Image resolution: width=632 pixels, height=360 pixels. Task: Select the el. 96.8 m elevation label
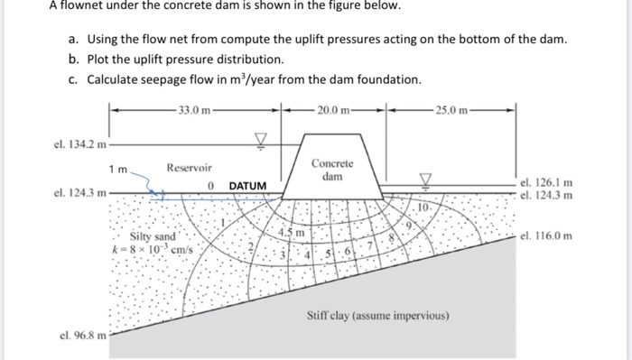click(x=78, y=336)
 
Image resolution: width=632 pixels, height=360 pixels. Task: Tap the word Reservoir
click(x=189, y=168)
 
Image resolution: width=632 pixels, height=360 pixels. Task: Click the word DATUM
click(x=247, y=186)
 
